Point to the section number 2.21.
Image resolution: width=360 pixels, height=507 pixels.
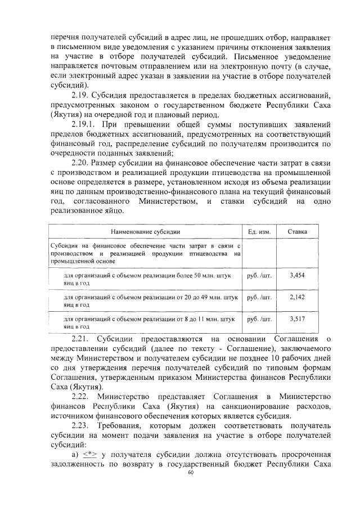click(x=82, y=338)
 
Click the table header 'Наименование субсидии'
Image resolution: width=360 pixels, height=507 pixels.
click(x=145, y=231)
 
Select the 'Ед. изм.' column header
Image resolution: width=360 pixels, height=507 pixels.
click(x=259, y=231)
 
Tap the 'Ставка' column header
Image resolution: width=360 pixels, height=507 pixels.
click(x=297, y=231)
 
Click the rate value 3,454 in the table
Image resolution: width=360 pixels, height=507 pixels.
click(x=296, y=276)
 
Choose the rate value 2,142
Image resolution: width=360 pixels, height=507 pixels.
click(x=296, y=297)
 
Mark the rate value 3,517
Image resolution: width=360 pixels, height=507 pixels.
click(x=296, y=318)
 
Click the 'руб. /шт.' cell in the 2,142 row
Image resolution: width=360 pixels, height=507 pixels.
click(x=259, y=297)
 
